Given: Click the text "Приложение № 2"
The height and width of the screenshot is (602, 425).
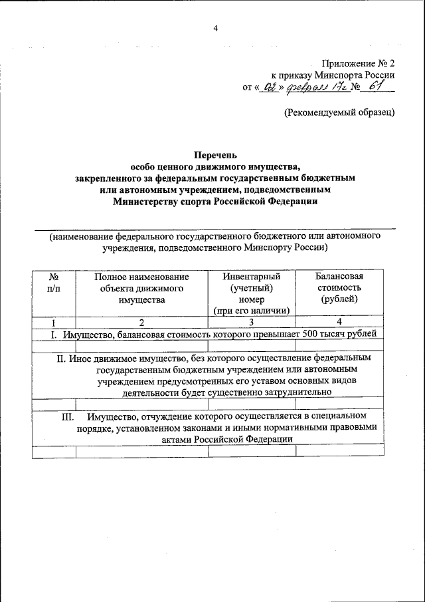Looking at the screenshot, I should [359, 63].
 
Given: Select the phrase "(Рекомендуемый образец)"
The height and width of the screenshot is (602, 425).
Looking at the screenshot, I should [339, 112].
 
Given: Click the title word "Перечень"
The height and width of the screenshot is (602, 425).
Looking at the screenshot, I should [214, 154].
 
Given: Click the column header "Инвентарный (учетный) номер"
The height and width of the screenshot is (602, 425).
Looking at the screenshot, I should [251, 293].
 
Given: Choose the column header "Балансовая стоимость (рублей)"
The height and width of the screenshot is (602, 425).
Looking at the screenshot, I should [339, 287].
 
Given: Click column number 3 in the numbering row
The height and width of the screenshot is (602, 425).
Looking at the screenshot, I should [252, 323].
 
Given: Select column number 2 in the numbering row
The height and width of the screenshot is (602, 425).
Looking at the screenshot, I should [141, 323].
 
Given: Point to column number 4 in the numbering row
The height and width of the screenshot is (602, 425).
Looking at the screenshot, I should [339, 323].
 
